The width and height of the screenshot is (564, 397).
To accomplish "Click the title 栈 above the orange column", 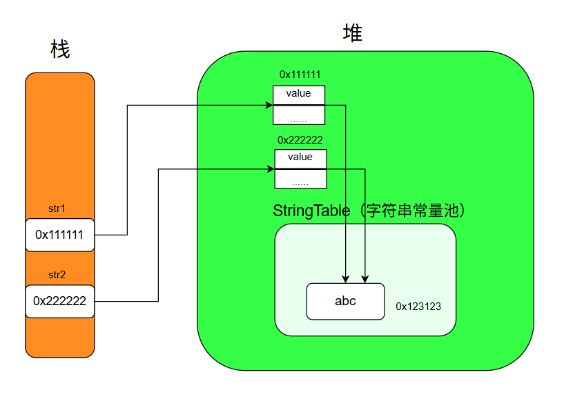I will click(60, 50).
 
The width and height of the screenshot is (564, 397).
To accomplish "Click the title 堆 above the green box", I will click(353, 33).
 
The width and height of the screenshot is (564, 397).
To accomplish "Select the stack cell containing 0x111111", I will click(59, 235).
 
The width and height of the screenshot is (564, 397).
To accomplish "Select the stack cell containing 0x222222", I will click(59, 301).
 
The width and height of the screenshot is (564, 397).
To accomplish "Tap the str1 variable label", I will click(57, 208).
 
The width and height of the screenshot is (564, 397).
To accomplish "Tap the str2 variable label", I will click(57, 274).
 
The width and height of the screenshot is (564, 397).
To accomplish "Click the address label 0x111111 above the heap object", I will click(300, 74).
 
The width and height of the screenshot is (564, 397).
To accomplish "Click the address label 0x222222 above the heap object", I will click(300, 139).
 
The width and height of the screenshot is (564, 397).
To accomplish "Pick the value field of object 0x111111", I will click(298, 94).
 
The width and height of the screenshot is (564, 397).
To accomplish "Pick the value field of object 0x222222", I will click(300, 158).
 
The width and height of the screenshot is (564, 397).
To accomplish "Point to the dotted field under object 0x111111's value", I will click(298, 115).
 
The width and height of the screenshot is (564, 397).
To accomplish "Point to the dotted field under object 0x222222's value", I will click(300, 179).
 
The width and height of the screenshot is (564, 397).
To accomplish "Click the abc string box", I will click(345, 301).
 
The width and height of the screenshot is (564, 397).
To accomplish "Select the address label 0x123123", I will click(418, 306).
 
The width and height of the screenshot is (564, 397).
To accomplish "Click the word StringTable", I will click(311, 211).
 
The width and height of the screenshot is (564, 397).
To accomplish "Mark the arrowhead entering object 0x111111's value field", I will click(269, 105).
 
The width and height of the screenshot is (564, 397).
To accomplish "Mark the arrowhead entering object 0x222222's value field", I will click(270, 168).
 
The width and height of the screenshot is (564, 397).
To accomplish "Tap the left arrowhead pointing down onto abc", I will click(345, 278).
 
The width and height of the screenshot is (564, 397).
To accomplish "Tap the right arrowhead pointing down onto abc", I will click(365, 278).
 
